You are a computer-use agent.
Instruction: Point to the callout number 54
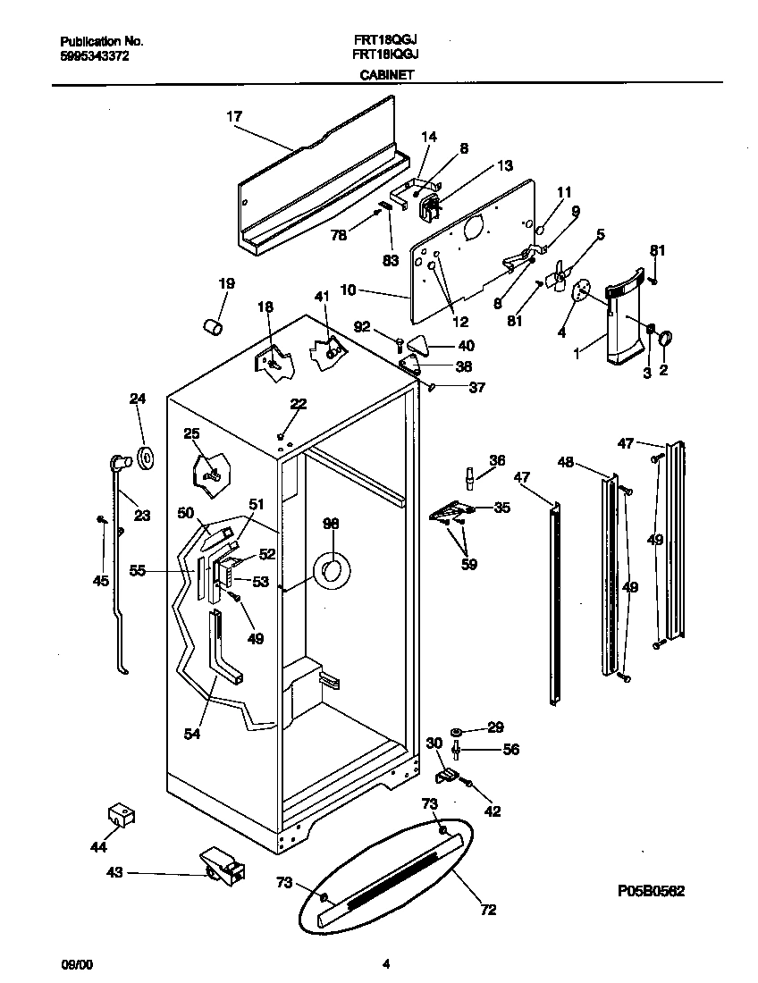[x=190, y=734]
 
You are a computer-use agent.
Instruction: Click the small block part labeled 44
[x=121, y=814]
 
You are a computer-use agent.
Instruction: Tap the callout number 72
[x=487, y=911]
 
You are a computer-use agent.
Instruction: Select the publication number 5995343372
[x=94, y=55]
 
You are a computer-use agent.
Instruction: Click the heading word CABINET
[x=386, y=76]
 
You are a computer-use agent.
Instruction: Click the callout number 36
[x=496, y=460]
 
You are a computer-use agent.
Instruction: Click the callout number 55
[x=137, y=568]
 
